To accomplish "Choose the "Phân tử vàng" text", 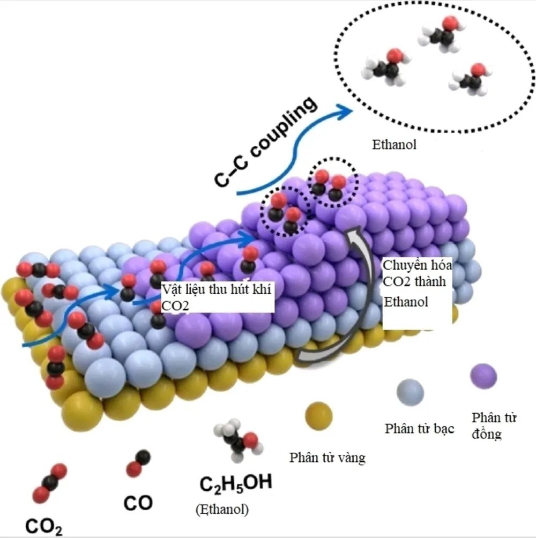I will [x=327, y=458].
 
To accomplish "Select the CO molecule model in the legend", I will [x=138, y=464].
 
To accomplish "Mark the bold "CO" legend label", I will [x=138, y=503].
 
